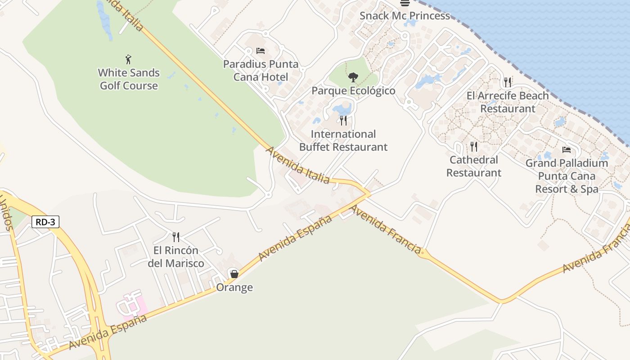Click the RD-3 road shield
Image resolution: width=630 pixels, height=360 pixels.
pyautogui.click(x=45, y=222)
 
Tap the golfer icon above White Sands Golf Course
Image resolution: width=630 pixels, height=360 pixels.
pyautogui.click(x=128, y=59)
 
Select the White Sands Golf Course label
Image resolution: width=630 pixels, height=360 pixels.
pyautogui.click(x=129, y=79)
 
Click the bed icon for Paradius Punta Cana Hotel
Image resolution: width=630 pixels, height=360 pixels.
pyautogui.click(x=260, y=51)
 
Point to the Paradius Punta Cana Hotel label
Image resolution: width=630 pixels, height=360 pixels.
pyautogui.click(x=261, y=70)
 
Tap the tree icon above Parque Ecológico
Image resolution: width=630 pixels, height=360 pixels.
pyautogui.click(x=353, y=77)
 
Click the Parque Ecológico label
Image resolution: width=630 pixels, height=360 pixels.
pyautogui.click(x=353, y=91)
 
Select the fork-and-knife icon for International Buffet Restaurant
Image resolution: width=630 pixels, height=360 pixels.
pyautogui.click(x=343, y=121)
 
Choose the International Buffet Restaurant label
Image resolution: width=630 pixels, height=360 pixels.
pyautogui.click(x=343, y=140)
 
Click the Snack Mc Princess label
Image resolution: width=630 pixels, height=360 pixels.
pyautogui.click(x=405, y=16)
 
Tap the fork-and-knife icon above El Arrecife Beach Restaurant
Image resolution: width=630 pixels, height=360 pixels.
pyautogui.click(x=508, y=82)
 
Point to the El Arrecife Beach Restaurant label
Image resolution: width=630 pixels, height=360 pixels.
pyautogui.click(x=508, y=102)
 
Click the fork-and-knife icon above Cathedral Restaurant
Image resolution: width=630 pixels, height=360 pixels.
pyautogui.click(x=473, y=146)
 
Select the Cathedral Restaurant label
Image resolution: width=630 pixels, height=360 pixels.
pyautogui.click(x=473, y=166)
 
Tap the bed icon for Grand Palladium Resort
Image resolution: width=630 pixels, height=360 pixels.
pyautogui.click(x=567, y=149)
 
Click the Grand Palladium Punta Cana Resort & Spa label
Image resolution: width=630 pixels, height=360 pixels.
pyautogui.click(x=567, y=176)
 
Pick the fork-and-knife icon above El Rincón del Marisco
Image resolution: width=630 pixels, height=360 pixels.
pyautogui.click(x=176, y=237)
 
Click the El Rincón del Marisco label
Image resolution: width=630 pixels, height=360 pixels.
pyautogui.click(x=176, y=257)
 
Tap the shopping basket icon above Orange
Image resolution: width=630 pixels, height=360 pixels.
pyautogui.click(x=234, y=274)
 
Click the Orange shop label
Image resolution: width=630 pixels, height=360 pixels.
pyautogui.click(x=234, y=287)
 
